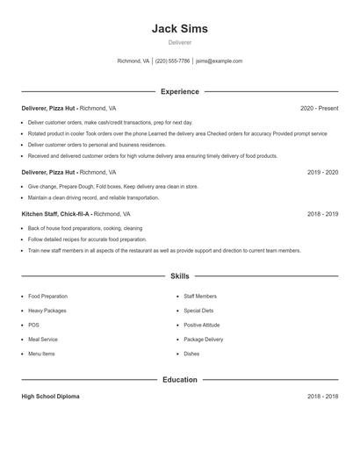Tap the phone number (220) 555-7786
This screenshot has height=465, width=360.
(172, 61)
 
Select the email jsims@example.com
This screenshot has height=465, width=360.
(219, 61)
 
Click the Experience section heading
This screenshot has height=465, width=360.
(179, 91)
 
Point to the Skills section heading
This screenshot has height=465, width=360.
(179, 275)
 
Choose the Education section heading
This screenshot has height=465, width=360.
(179, 380)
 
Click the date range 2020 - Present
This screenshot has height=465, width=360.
(319, 108)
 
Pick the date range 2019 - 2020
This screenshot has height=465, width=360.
(322, 173)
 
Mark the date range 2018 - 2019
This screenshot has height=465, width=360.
(322, 214)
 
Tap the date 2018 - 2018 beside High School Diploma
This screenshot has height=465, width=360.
(322, 397)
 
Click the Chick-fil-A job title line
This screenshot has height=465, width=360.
(76, 214)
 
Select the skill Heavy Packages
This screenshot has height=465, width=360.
(47, 311)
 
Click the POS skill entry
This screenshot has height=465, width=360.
(34, 325)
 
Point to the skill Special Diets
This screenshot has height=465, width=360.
(198, 311)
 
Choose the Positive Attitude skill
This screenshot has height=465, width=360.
(203, 325)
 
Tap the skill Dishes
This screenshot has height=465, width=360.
(191, 354)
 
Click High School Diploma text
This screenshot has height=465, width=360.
(50, 397)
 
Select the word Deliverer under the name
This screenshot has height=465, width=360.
(179, 42)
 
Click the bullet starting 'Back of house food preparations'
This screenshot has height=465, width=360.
(84, 228)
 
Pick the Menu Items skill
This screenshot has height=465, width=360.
(41, 354)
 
